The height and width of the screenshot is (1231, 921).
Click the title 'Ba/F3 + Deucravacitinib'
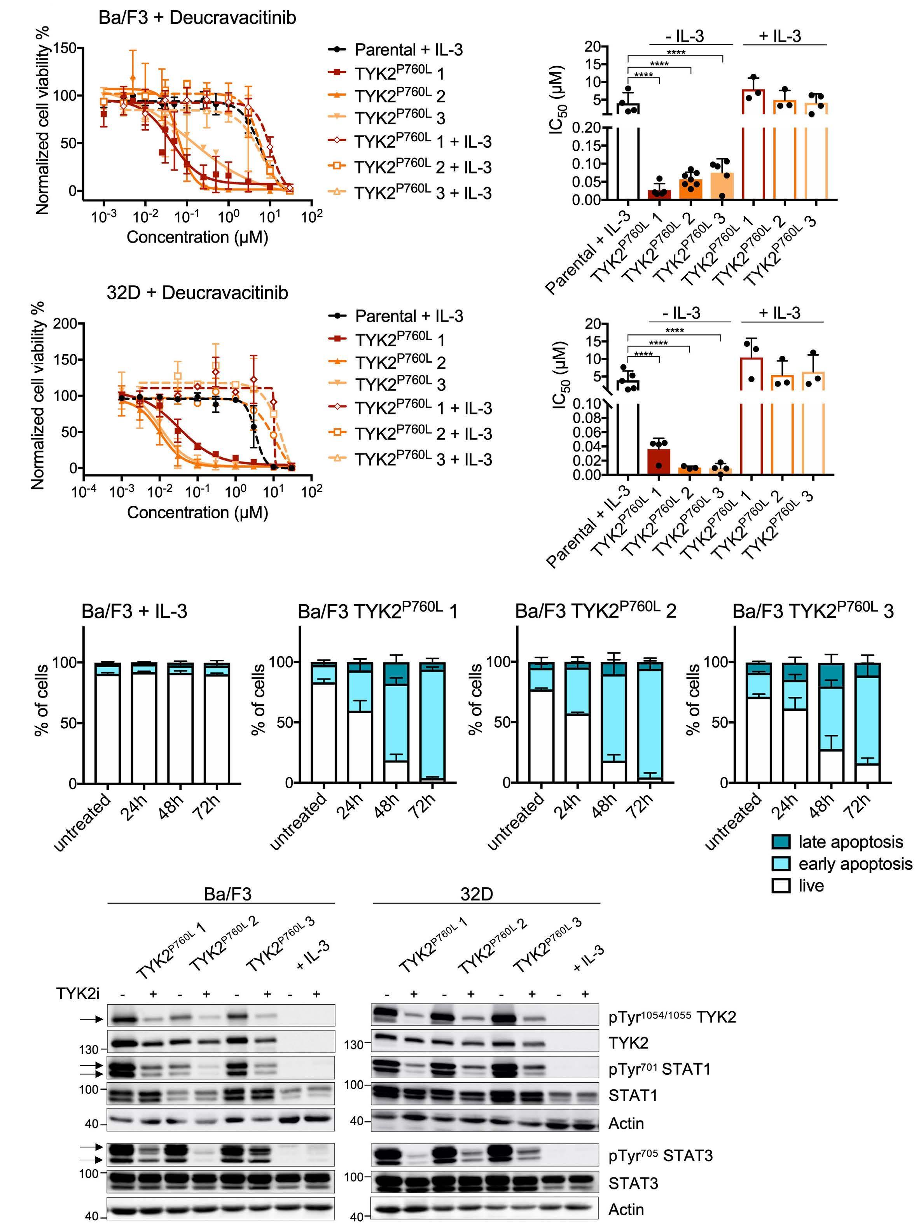tap(197, 18)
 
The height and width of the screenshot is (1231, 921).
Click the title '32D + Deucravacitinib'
tap(197, 293)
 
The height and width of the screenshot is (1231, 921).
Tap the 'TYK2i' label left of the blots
tap(77, 993)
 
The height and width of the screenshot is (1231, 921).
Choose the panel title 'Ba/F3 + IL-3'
tap(134, 612)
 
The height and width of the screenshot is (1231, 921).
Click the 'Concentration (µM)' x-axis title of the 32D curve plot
tap(197, 512)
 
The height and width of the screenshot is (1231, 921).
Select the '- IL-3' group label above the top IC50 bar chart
tap(684, 37)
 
